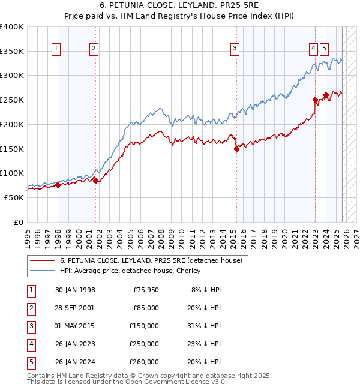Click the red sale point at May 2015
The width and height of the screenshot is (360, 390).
coord(236,149)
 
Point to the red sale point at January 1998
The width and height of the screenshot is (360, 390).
coord(58,185)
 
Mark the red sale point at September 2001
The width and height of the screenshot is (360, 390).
coord(95,181)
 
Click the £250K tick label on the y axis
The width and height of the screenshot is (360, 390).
coord(12,100)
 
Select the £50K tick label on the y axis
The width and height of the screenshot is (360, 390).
coord(14,197)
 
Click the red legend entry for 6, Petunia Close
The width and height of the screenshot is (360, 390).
coord(151,260)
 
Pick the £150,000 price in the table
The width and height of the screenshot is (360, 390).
coord(143,326)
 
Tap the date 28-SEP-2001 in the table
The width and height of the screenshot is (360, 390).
coord(75,308)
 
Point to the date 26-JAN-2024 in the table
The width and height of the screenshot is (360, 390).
coord(75,362)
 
